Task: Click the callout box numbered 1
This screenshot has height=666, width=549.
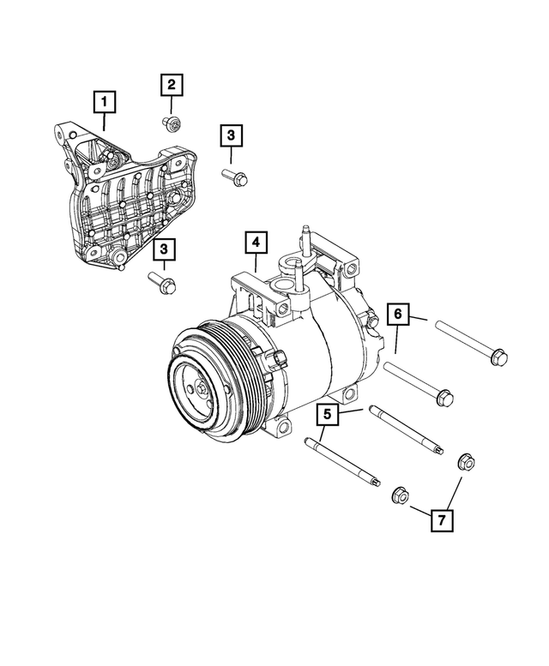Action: [105, 105]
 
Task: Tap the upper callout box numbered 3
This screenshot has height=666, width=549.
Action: [231, 135]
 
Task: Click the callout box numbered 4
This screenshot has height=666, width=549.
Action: [255, 243]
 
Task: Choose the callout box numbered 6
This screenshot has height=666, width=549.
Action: [398, 315]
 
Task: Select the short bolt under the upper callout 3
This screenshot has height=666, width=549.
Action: [234, 177]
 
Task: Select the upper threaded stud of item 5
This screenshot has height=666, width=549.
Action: [406, 429]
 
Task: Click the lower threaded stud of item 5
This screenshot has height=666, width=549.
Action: [342, 463]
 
